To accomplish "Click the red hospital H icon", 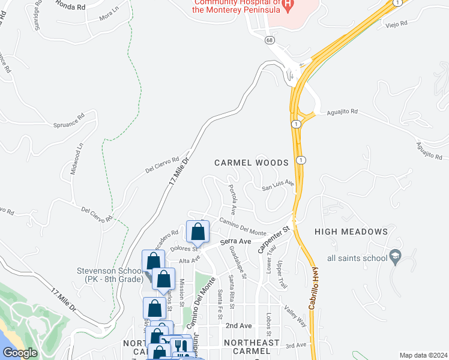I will (288, 6).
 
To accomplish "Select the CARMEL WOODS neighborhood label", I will (252, 163).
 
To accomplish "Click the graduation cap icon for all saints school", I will (395, 257).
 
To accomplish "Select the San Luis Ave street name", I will (277, 185).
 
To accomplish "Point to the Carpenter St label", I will (274, 239).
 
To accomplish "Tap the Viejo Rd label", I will (396, 23).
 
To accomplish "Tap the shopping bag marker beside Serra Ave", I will (197, 232).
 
